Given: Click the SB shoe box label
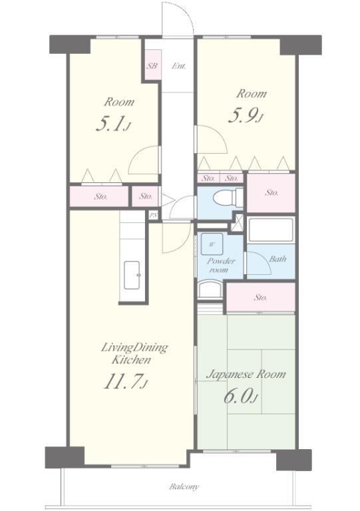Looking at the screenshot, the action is click(x=152, y=66).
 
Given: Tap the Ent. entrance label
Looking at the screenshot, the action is click(x=179, y=66).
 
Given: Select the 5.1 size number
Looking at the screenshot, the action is click(x=110, y=125).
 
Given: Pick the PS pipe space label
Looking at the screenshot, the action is click(x=153, y=216).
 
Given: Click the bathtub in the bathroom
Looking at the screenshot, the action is click(x=271, y=230).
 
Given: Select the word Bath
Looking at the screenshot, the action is click(x=277, y=259).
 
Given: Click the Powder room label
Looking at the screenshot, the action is click(x=221, y=265).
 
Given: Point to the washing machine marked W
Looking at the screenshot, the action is click(x=212, y=244).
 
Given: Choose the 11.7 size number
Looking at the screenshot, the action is click(x=122, y=381).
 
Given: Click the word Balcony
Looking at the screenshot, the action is click(x=184, y=487).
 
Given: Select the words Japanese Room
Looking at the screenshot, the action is click(x=246, y=375).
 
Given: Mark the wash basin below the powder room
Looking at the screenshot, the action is click(x=210, y=289).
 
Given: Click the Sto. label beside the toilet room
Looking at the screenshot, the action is click(x=271, y=192).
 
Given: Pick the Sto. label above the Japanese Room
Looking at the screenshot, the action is click(x=261, y=297).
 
